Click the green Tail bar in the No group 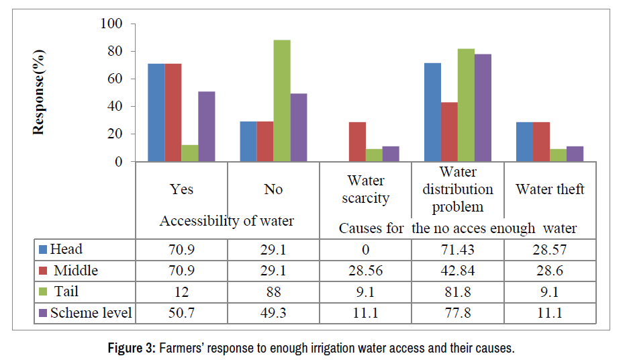[x=281, y=101]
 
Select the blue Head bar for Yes [x=156, y=112]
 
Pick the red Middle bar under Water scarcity [x=358, y=142]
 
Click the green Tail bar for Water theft [x=558, y=155]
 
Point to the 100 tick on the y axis [x=111, y=24]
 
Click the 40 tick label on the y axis [x=115, y=107]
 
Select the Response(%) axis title [x=40, y=93]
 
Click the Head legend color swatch [x=44, y=250]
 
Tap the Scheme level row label [x=91, y=312]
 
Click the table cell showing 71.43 [x=457, y=249]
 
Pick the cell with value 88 [x=273, y=291]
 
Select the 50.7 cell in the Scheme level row [x=181, y=312]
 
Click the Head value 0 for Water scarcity [x=365, y=249]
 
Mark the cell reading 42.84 [x=457, y=271]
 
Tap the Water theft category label [x=550, y=189]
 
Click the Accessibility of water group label [x=226, y=220]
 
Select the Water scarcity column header [x=365, y=189]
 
